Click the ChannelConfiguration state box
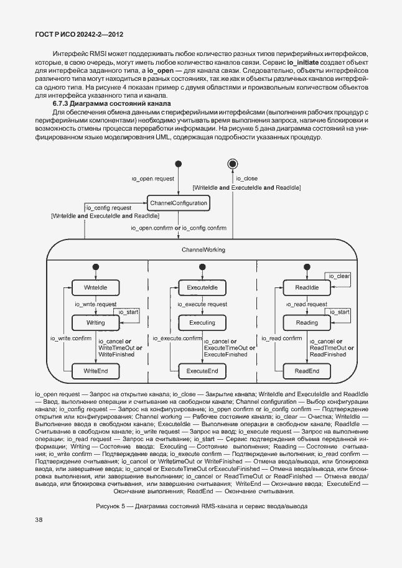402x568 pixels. pos(177,203)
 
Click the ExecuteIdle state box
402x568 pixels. pos(202,287)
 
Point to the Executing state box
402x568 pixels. pos(202,323)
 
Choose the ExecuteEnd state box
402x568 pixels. pos(202,371)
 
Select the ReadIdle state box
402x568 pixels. pos(306,287)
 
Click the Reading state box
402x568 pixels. pos(306,323)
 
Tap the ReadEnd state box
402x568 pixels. pos(306,371)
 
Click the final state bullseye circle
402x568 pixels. pos(233,164)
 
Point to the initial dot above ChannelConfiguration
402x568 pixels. pos(178,164)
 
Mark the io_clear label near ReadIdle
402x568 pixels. pos(339,276)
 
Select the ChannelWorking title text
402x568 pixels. pos(203,249)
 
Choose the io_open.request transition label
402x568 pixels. pos(152,179)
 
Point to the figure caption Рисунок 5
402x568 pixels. pos(202,506)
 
